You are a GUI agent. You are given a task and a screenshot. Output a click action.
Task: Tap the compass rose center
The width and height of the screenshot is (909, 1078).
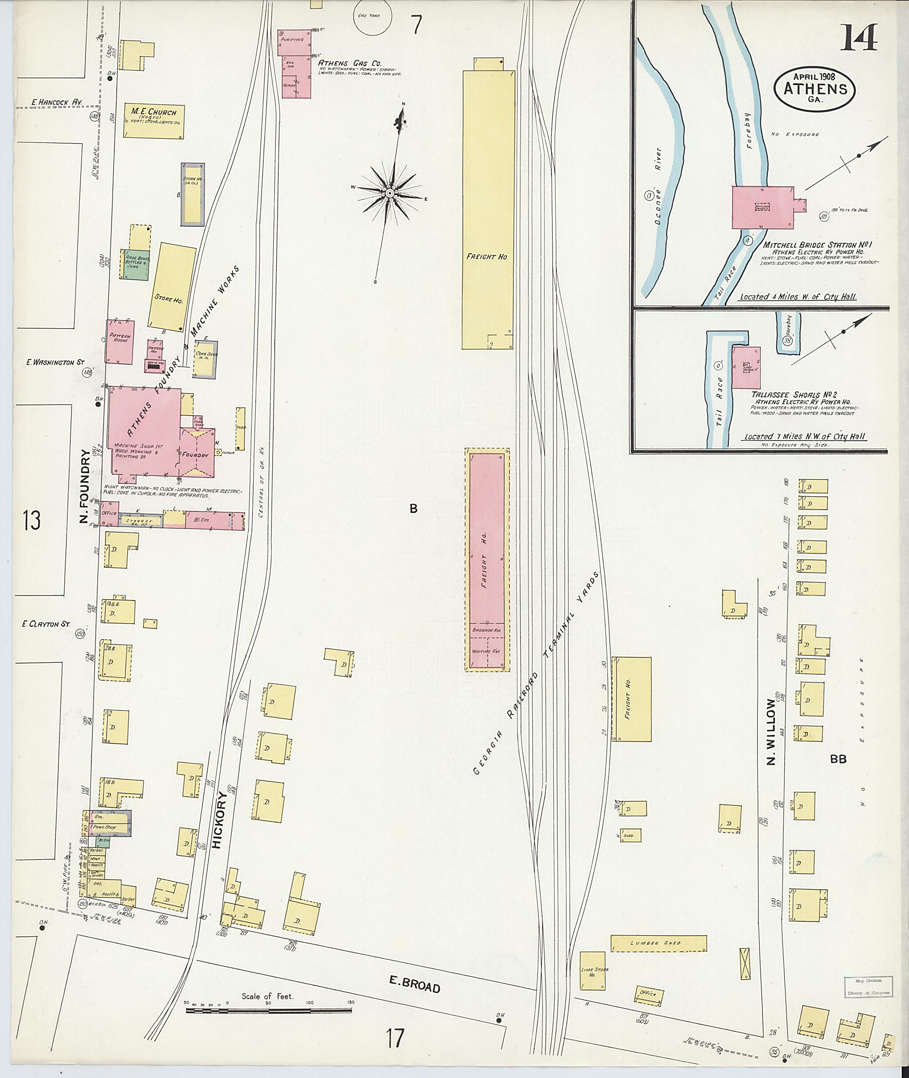click(390, 193)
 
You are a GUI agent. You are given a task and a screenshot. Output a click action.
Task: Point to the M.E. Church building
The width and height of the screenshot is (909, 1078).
click(154, 121)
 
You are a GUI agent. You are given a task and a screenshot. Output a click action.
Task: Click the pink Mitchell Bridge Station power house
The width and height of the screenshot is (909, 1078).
click(763, 207)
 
